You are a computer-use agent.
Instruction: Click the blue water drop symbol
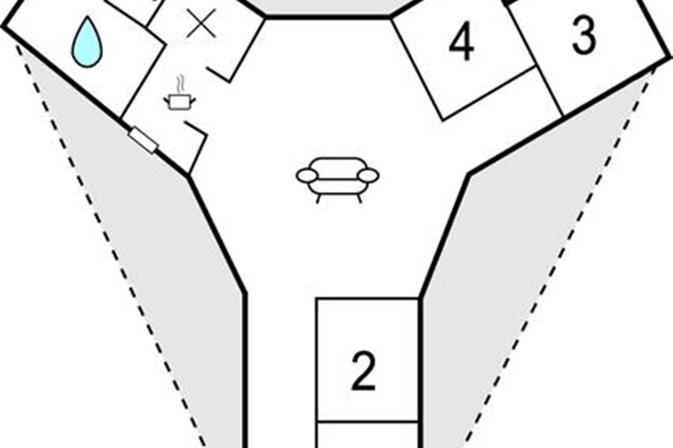point(87,43)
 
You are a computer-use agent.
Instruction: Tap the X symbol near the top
point(201,24)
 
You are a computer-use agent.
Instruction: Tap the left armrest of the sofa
point(307,176)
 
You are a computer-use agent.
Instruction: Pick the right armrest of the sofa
point(368,176)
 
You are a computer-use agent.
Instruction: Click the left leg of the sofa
point(319,198)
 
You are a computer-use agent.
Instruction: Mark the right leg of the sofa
point(359,198)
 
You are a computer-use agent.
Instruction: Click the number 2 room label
point(363,372)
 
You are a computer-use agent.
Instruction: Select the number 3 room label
point(584,37)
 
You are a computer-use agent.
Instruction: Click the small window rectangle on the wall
point(143,140)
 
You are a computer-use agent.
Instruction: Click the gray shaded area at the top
point(328,7)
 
